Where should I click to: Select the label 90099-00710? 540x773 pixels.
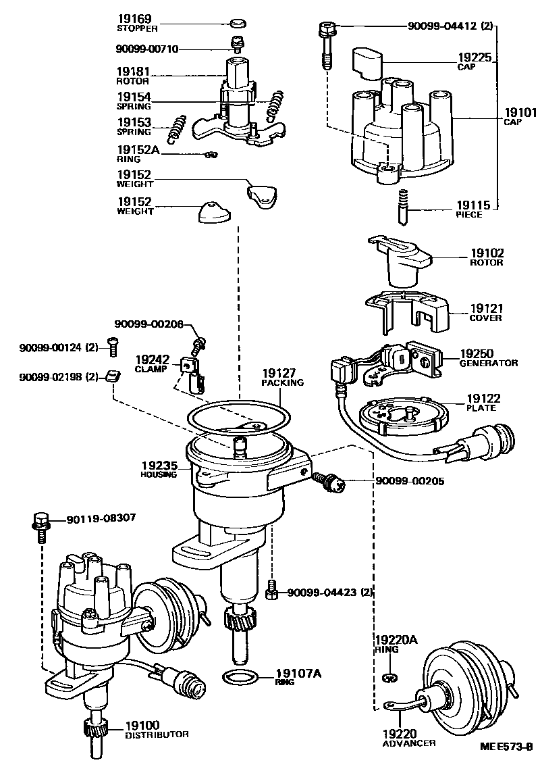tap(146, 49)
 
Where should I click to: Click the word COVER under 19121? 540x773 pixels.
tap(485, 318)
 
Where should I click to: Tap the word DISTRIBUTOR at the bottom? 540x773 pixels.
tap(157, 734)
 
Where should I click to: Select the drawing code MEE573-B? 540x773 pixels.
tap(506, 747)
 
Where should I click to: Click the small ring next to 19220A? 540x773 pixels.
tap(387, 678)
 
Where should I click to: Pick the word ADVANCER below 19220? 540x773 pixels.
tap(409, 743)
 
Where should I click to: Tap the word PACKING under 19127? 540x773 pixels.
tap(282, 382)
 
